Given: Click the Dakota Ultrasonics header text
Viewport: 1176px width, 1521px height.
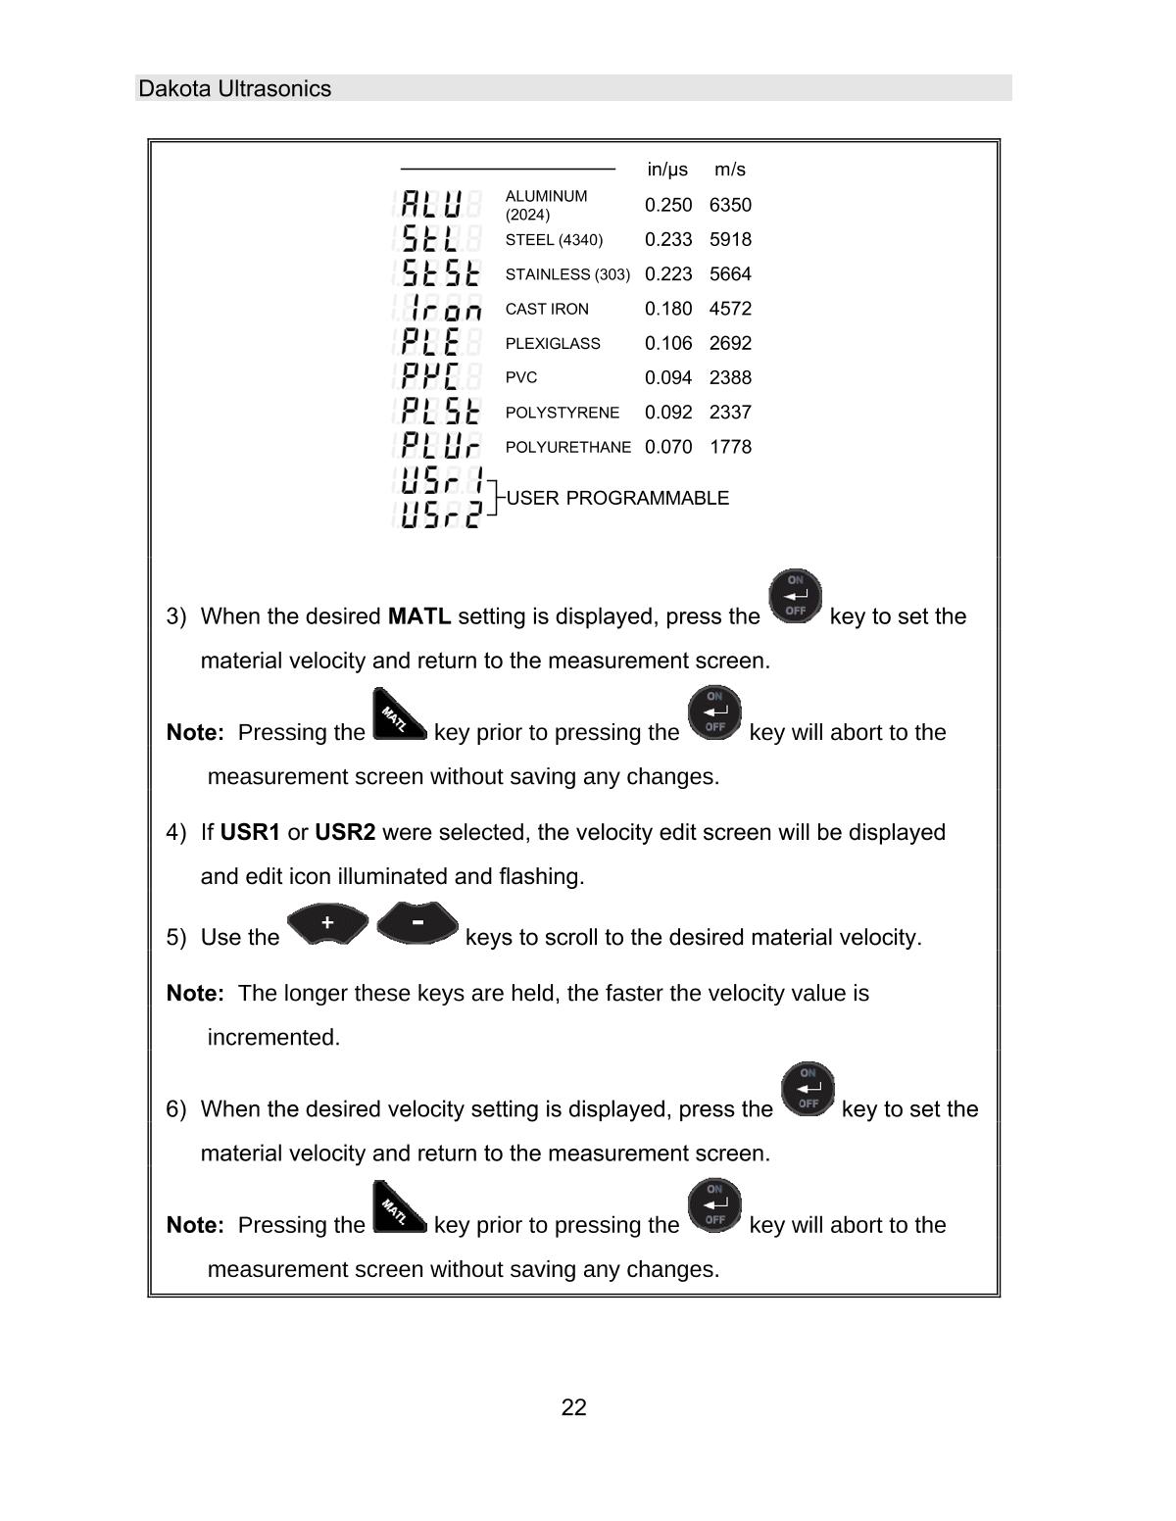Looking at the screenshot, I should (x=235, y=89).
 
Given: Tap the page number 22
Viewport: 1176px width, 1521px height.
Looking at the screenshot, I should (x=574, y=1408).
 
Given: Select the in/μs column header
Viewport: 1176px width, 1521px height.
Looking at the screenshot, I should (x=667, y=170).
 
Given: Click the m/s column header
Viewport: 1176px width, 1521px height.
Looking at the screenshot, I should (x=730, y=170).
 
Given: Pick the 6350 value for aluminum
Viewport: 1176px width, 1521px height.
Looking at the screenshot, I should (x=730, y=205).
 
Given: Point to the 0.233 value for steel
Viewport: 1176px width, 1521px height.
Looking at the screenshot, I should (x=668, y=239).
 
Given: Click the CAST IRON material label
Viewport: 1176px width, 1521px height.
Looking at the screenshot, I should (x=547, y=309).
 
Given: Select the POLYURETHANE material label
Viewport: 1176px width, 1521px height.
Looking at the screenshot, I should (x=568, y=447).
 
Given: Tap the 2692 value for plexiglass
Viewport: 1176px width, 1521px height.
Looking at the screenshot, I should (x=730, y=343).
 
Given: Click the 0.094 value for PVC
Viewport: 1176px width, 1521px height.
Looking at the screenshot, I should (x=668, y=377).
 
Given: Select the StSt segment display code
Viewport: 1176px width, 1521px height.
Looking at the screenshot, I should (x=441, y=273).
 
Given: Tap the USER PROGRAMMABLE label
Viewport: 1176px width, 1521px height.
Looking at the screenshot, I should (x=617, y=498).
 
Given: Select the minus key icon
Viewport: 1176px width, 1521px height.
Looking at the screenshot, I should (x=417, y=923).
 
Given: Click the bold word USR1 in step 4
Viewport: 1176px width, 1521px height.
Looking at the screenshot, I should (x=250, y=832).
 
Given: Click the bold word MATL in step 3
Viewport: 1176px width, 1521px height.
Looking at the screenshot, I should (x=419, y=616).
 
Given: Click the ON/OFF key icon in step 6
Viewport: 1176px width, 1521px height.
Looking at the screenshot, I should (x=808, y=1090).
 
